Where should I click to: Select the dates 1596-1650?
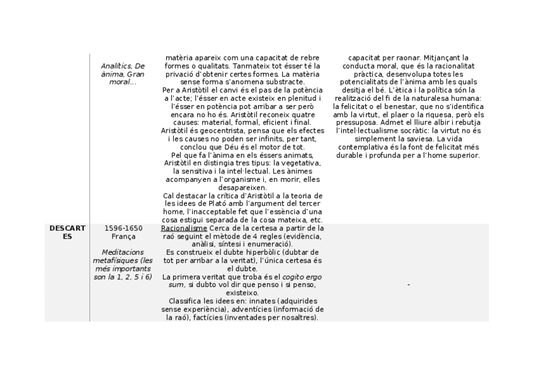coord(123,228)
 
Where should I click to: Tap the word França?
coord(123,237)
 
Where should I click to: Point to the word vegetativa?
coord(301,163)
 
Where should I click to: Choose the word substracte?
coord(282,82)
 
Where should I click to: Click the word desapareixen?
coord(243,188)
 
